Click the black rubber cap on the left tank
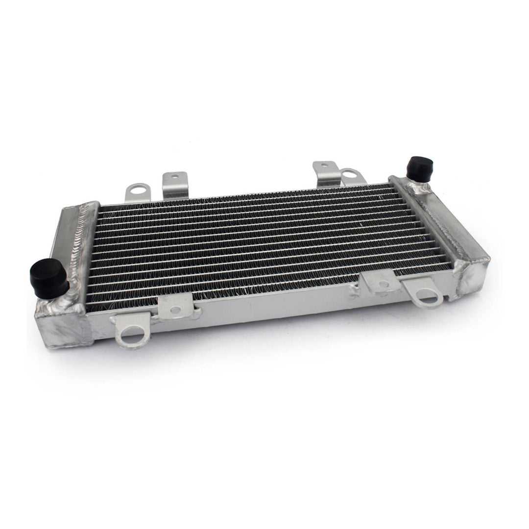(x=49, y=277)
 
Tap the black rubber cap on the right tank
(x=419, y=169)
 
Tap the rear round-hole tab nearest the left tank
(x=137, y=192)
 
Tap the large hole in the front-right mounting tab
(x=427, y=297)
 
